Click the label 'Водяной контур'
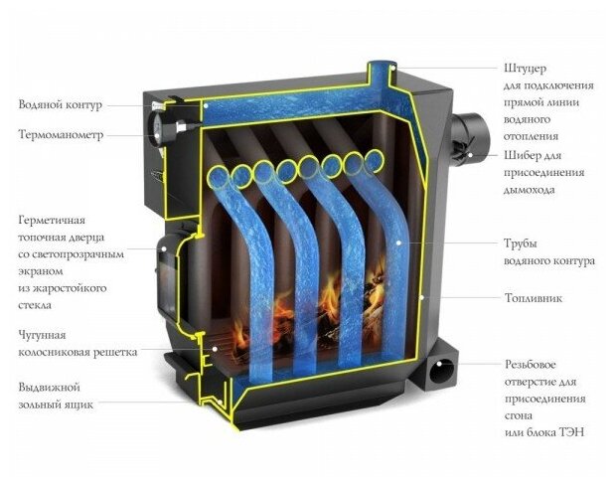tap(60, 104)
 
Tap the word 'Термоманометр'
tap(62, 134)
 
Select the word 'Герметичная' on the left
tap(53, 219)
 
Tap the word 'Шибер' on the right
tap(524, 155)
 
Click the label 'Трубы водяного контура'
tap(549, 251)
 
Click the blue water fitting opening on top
tap(379, 69)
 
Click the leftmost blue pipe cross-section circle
tap(216, 178)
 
